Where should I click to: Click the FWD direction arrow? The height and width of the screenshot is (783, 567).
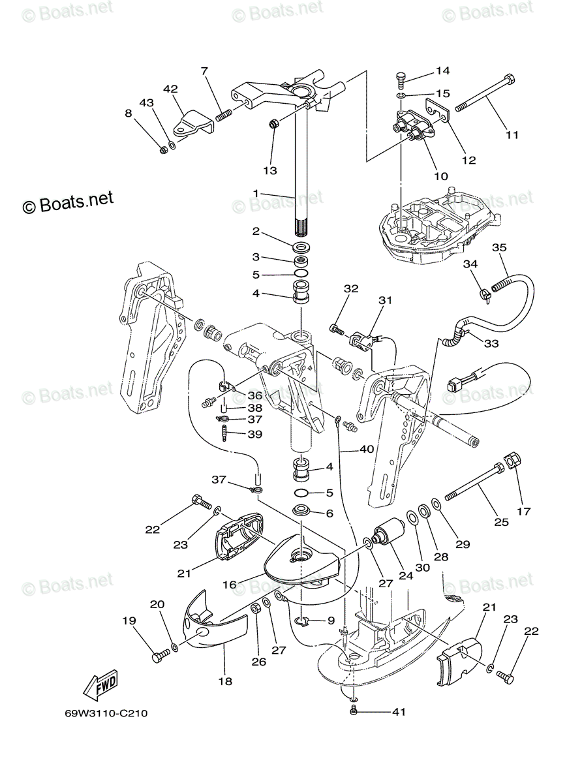[100, 685]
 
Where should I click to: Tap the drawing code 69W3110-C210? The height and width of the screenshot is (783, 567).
[106, 713]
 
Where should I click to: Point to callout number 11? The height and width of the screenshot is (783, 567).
[512, 135]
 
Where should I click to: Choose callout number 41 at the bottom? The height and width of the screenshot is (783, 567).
[399, 712]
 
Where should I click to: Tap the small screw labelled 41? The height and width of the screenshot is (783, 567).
[354, 710]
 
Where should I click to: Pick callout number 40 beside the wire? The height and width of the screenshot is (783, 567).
[367, 450]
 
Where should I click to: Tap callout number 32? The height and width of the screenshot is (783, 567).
[352, 288]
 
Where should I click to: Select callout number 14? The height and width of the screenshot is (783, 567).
[443, 70]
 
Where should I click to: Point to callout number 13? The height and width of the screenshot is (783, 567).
[270, 170]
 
